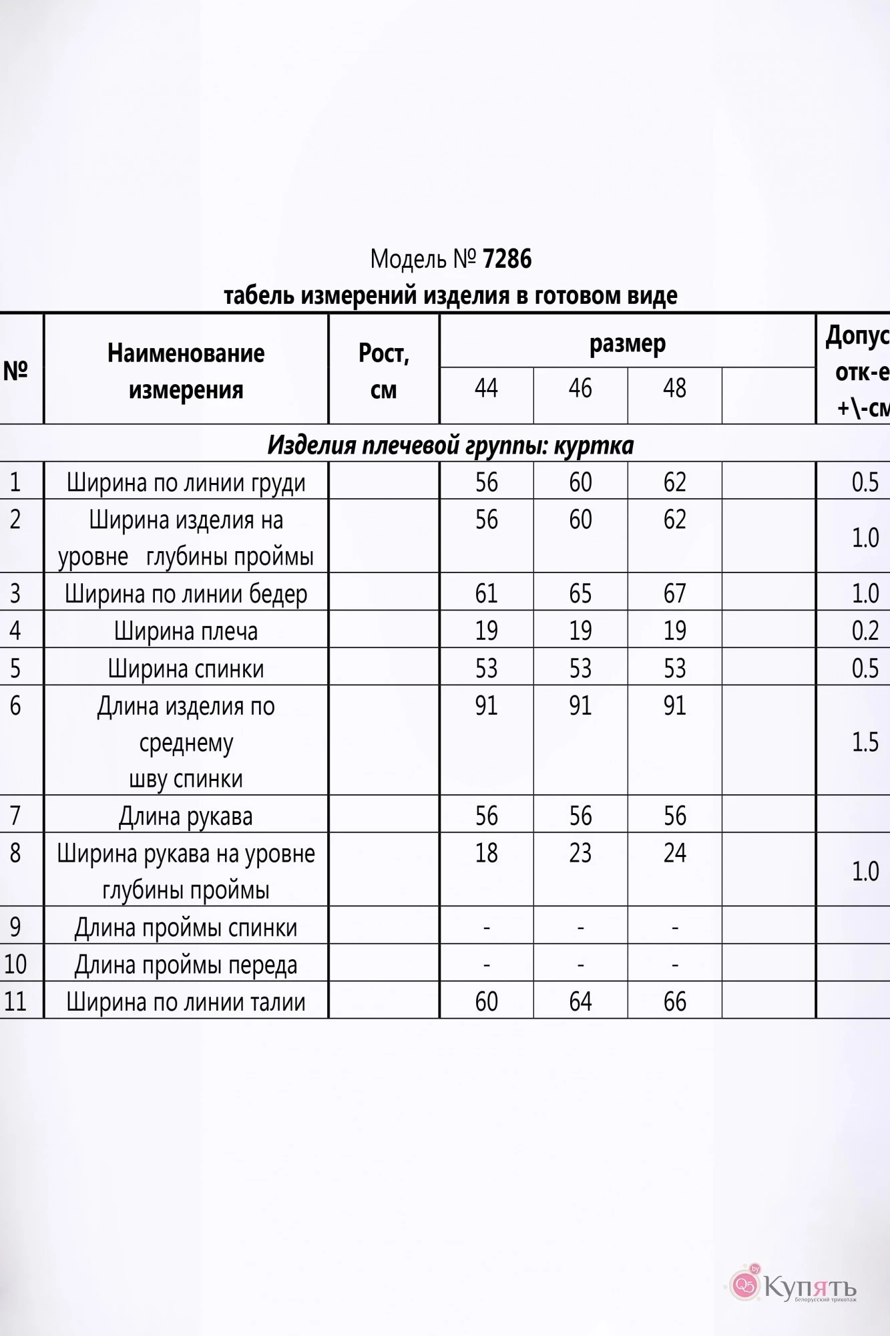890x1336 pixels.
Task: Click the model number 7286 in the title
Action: coord(507,259)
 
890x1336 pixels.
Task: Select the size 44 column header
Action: coord(486,388)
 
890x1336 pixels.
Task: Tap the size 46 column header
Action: coord(580,388)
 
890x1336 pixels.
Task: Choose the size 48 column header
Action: coord(674,388)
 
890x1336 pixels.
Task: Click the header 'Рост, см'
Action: coord(383,371)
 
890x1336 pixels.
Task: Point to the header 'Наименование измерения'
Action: coord(186,371)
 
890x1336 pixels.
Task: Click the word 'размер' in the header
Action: coord(627,343)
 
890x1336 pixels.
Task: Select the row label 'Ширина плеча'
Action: coord(186,631)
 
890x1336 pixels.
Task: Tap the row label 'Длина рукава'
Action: coord(186,816)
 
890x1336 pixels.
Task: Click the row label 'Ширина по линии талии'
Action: coord(186,1001)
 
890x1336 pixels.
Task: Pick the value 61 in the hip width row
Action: coord(486,593)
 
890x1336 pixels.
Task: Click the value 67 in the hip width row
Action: coord(674,593)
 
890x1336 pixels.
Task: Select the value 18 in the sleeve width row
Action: coord(486,853)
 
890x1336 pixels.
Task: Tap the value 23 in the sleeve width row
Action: coord(580,853)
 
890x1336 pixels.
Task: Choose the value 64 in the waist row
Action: coord(580,1001)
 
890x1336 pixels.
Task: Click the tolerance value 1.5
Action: coord(865,742)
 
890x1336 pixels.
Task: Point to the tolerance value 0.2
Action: coord(865,631)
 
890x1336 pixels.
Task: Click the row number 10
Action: coord(15,964)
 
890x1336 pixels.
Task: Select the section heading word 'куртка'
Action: coord(594,445)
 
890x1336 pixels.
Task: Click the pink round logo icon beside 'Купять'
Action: coord(744,1285)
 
